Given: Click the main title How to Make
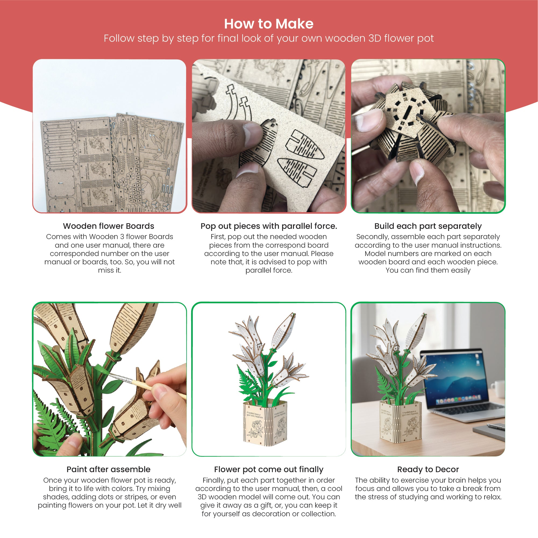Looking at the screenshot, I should tap(269, 24).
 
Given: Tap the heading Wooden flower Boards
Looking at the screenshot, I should tap(109, 226).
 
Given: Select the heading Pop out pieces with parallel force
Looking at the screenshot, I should tap(269, 226).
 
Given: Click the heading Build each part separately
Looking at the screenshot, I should tap(428, 226).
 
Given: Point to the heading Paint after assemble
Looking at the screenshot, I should tap(109, 469).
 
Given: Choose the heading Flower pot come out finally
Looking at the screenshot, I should tap(269, 469).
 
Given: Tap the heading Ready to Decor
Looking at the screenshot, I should tap(428, 469).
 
